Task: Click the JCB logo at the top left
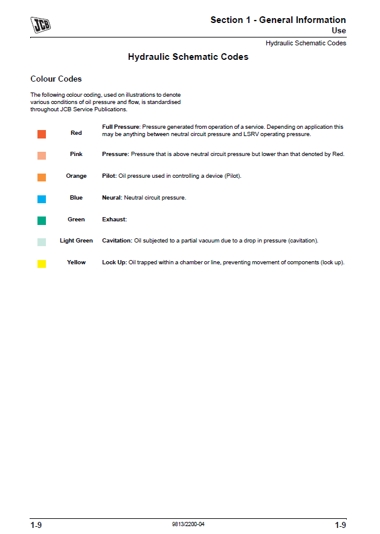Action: pos(40,25)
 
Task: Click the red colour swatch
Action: pos(42,134)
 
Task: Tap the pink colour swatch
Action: pos(42,155)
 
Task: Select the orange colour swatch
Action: pos(42,177)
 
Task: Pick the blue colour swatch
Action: pos(42,199)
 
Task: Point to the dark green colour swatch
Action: pos(42,221)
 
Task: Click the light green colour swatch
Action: pos(42,242)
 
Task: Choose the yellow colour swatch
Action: pos(42,264)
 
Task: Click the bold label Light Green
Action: pos(76,241)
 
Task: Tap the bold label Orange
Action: pos(76,176)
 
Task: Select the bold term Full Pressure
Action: pos(121,127)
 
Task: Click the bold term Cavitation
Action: pos(117,241)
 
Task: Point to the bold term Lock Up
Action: pos(114,262)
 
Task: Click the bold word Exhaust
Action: pos(114,220)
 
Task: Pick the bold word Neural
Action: pos(112,198)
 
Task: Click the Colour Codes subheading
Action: pos(56,79)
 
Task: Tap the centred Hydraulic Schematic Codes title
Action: pos(188,57)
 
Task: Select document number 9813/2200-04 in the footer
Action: pos(188,524)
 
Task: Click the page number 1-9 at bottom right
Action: pos(340,525)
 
